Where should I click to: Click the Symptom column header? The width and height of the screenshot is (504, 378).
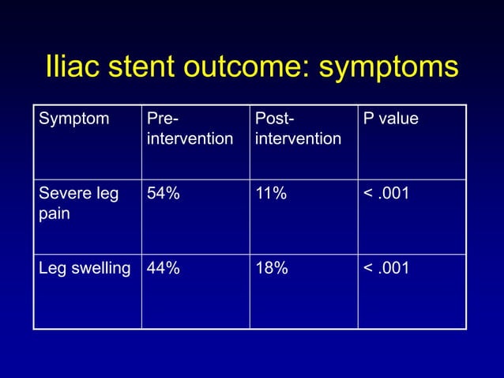[66, 120]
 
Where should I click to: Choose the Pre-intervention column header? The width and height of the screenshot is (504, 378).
[190, 130]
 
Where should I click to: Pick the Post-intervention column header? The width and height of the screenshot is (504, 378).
[299, 130]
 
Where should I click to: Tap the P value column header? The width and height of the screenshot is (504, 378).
[391, 120]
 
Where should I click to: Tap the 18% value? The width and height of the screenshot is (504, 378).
[272, 269]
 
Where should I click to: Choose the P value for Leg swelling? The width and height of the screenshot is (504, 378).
[386, 269]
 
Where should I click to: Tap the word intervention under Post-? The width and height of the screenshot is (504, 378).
[299, 139]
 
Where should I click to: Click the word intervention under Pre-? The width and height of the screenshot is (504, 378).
[190, 139]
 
